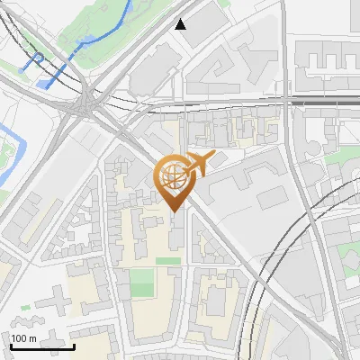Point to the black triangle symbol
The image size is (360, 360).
coord(181,24)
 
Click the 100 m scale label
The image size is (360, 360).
coord(24,338)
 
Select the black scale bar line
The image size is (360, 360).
coord(42,346)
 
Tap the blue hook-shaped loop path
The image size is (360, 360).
coord(37,59)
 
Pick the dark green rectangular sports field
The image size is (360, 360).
coord(142,283)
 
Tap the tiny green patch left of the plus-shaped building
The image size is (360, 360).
coord(25,308)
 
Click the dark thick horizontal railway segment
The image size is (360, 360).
coord(324,102)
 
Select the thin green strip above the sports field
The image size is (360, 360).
coord(167,261)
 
